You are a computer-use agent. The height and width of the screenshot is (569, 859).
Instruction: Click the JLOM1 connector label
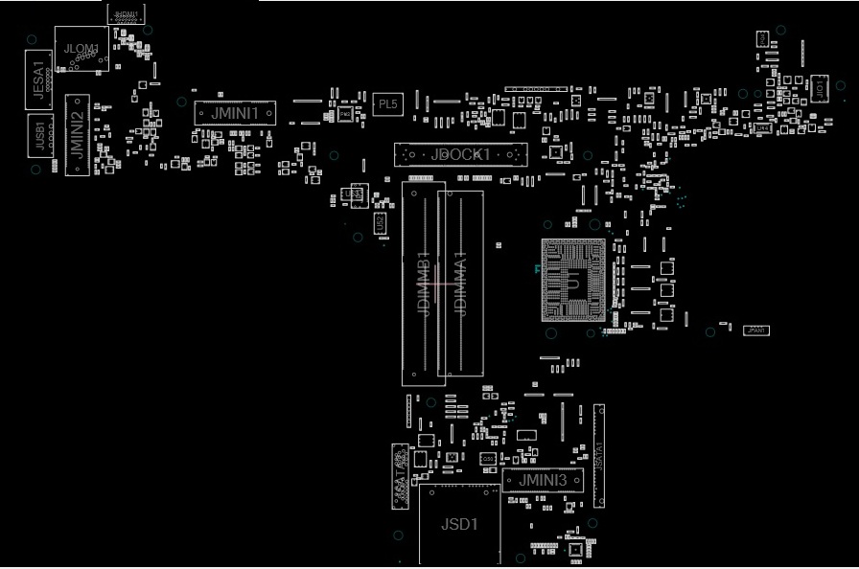click(81, 48)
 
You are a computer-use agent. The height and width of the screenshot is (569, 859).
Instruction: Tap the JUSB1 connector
click(38, 134)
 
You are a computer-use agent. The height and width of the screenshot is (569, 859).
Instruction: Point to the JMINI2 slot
click(77, 134)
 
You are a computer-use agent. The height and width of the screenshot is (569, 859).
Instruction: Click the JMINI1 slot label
click(235, 113)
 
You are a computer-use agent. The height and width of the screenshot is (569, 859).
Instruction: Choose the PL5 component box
click(387, 103)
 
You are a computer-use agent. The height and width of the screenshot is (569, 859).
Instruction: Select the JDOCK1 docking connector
click(460, 154)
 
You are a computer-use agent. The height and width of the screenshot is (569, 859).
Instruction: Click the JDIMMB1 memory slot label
click(423, 284)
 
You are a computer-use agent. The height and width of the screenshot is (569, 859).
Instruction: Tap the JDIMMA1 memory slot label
click(460, 284)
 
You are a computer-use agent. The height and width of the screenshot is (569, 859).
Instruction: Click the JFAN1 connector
click(755, 330)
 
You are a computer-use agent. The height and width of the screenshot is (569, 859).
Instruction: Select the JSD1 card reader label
click(458, 524)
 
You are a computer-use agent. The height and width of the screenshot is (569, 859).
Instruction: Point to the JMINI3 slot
click(543, 480)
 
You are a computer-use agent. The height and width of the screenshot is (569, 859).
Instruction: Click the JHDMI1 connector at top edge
click(125, 13)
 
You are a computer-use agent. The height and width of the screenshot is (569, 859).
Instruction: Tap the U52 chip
click(380, 223)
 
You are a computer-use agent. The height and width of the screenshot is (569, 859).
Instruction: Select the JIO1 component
click(819, 88)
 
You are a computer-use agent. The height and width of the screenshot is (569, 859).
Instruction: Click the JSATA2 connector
click(399, 472)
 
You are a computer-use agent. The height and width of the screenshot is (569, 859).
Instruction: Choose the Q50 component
click(488, 459)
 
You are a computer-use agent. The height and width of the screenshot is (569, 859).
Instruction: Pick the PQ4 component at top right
click(762, 38)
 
